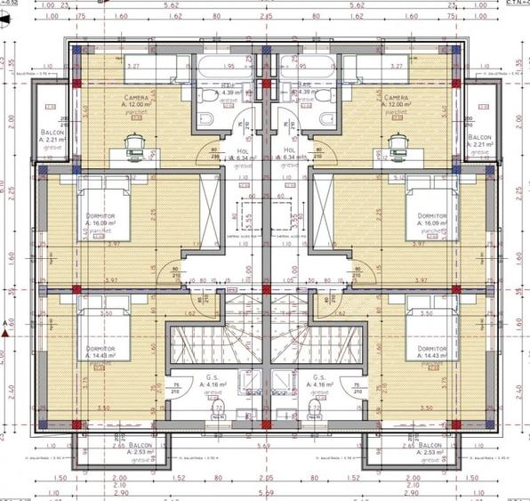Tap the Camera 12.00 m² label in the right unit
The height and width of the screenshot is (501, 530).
(397, 101)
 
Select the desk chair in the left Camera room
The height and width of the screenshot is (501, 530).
(135, 142)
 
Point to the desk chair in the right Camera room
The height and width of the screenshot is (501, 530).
(397, 142)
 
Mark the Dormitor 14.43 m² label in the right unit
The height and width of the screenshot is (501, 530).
(430, 352)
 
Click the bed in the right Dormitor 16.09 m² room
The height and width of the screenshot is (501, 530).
(425, 209)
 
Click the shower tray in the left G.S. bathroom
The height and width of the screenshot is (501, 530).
(249, 381)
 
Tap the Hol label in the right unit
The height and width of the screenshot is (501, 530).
(288, 155)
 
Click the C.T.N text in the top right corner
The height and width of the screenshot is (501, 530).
(516, 3)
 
